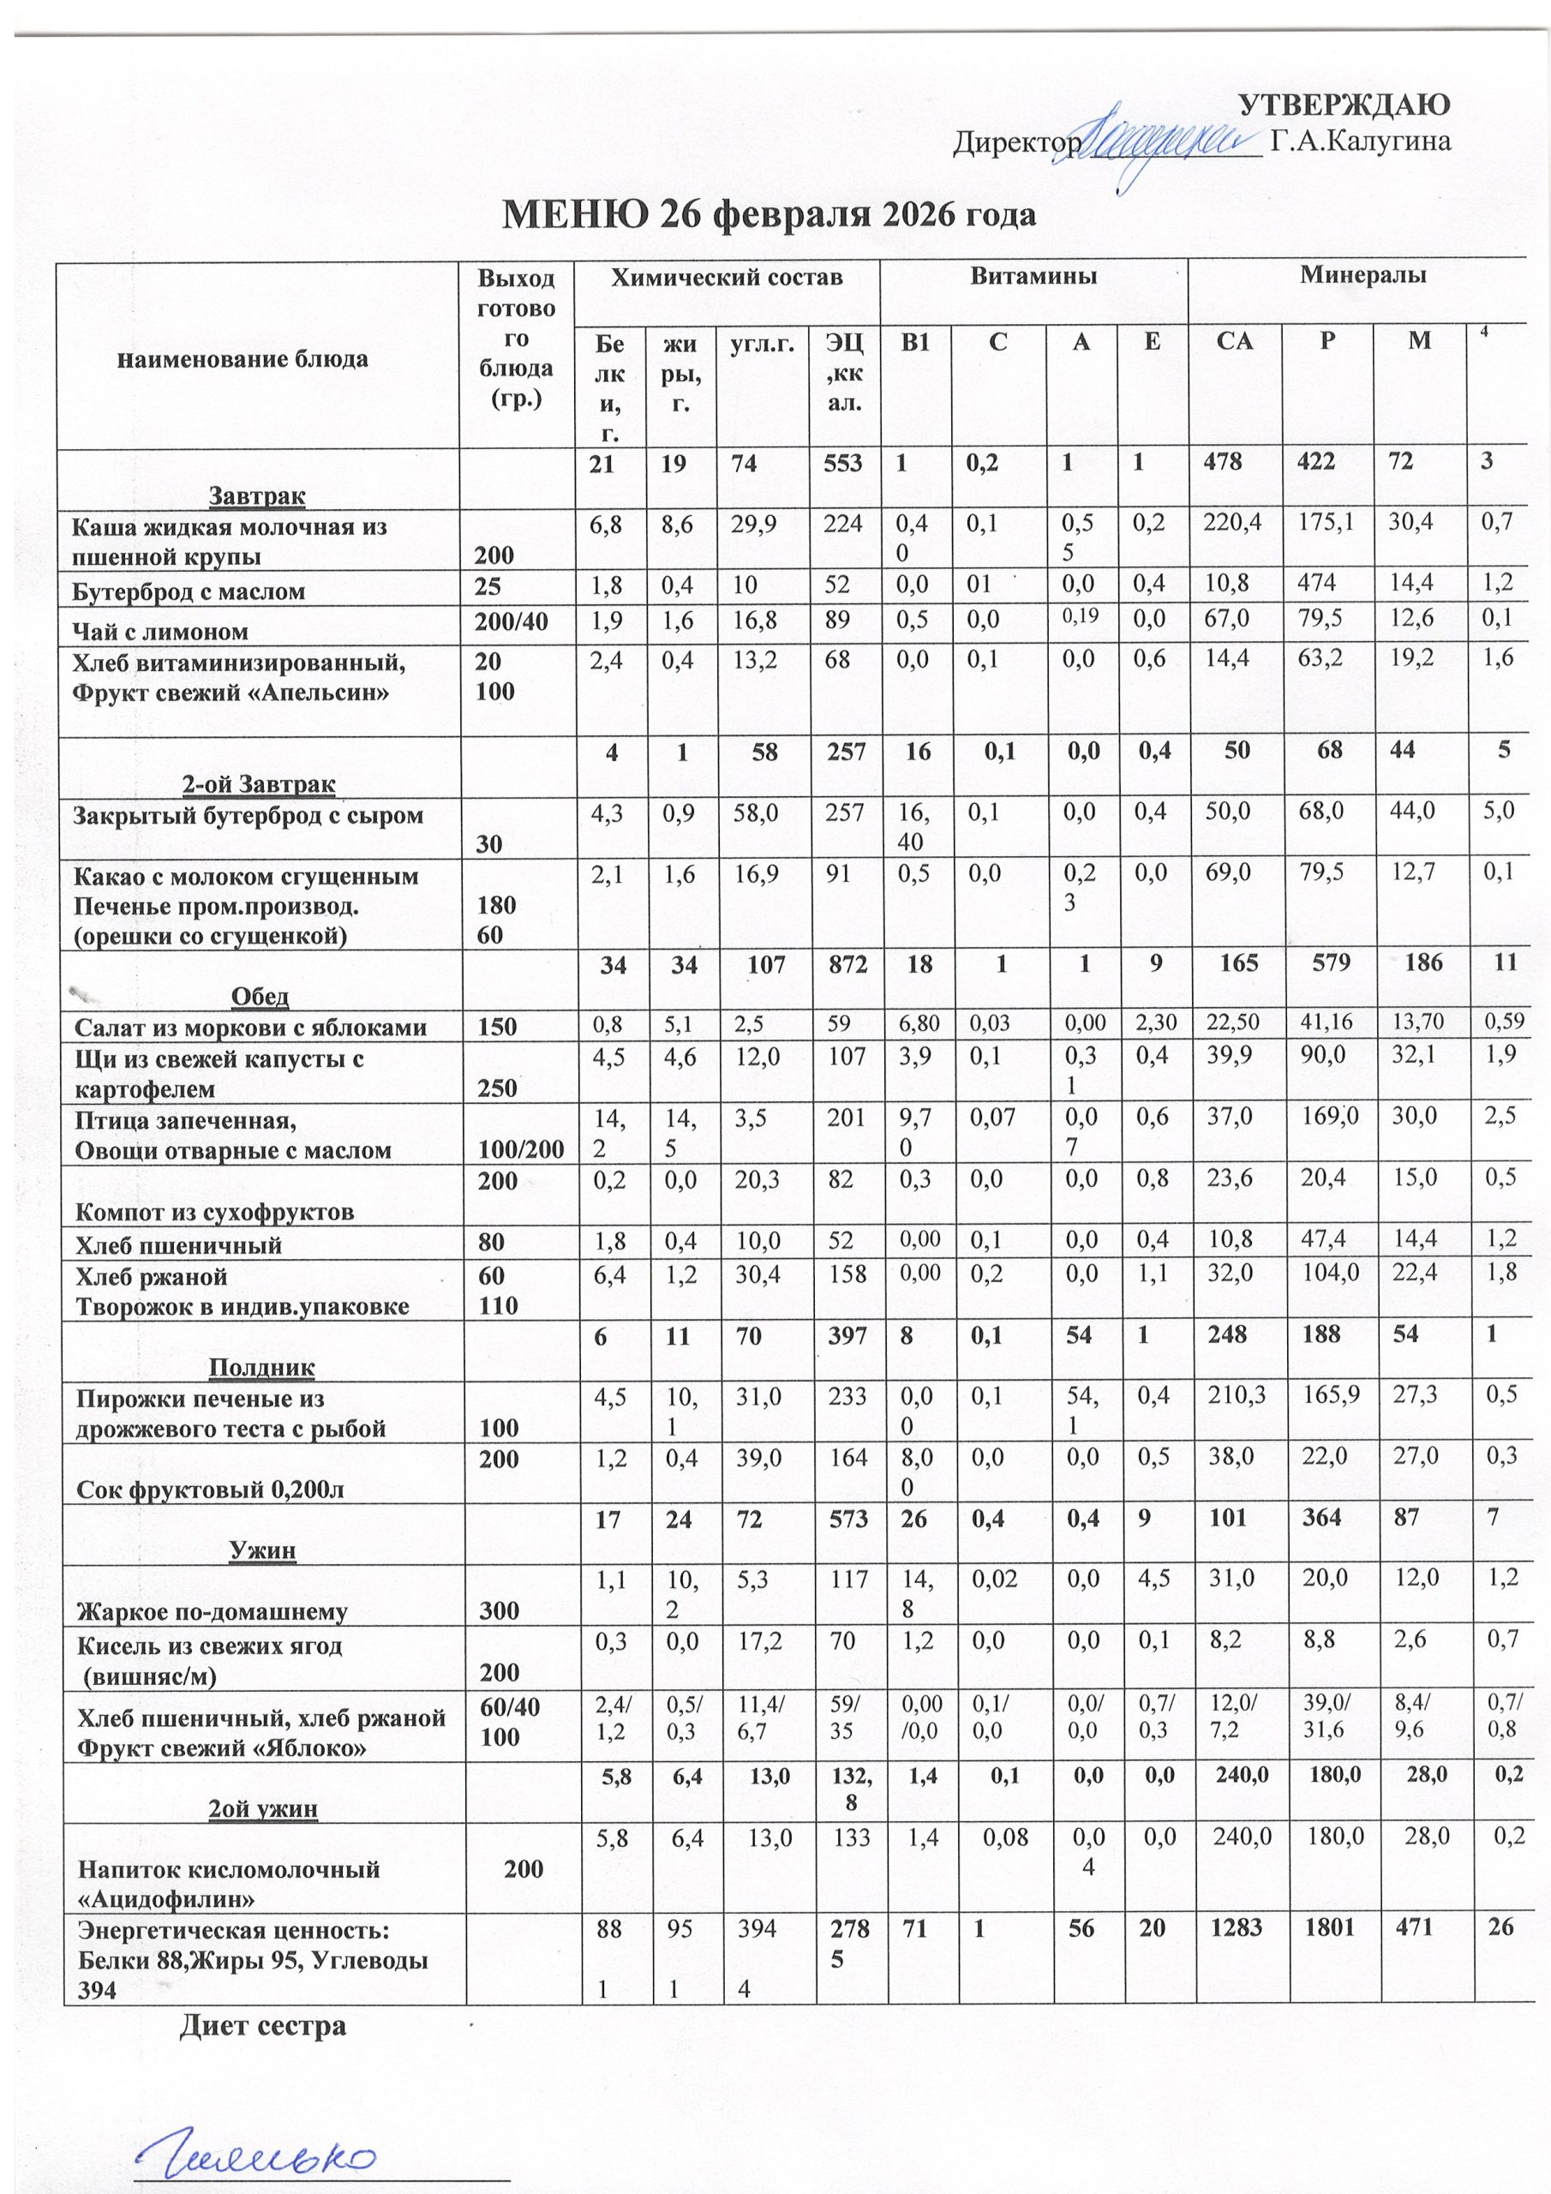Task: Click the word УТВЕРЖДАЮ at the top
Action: [1344, 105]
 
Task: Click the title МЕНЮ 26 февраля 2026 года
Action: [770, 214]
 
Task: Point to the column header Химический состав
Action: [727, 277]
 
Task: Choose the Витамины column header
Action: [1033, 277]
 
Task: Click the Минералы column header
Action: [1362, 276]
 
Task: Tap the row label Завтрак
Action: [257, 496]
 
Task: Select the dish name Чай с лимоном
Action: [160, 631]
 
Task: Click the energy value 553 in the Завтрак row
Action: [844, 464]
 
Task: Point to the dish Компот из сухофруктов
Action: [214, 1213]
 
